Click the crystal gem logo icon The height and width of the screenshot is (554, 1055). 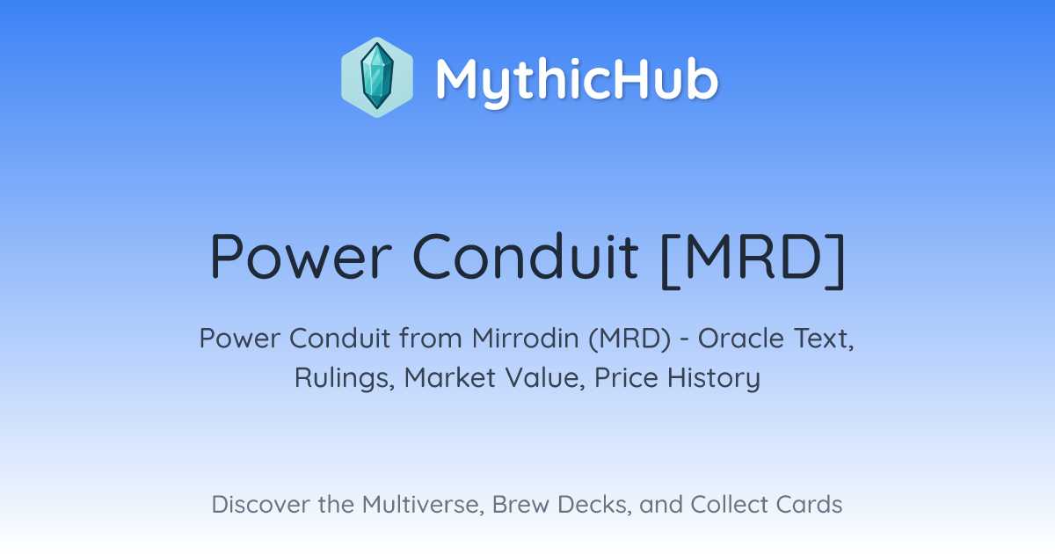[x=377, y=77]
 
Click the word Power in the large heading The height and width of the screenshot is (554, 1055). [x=301, y=257]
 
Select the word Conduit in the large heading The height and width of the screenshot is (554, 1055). [x=525, y=257]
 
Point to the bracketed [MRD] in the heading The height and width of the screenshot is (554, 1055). [x=753, y=260]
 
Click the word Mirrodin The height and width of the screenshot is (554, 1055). [x=525, y=339]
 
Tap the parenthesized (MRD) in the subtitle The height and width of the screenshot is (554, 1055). [x=629, y=339]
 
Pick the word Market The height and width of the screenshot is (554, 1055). [x=450, y=377]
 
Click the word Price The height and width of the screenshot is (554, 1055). [x=626, y=377]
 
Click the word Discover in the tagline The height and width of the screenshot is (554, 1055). [x=260, y=505]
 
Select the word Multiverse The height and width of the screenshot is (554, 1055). [x=423, y=505]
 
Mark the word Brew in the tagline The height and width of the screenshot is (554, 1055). [x=520, y=505]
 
